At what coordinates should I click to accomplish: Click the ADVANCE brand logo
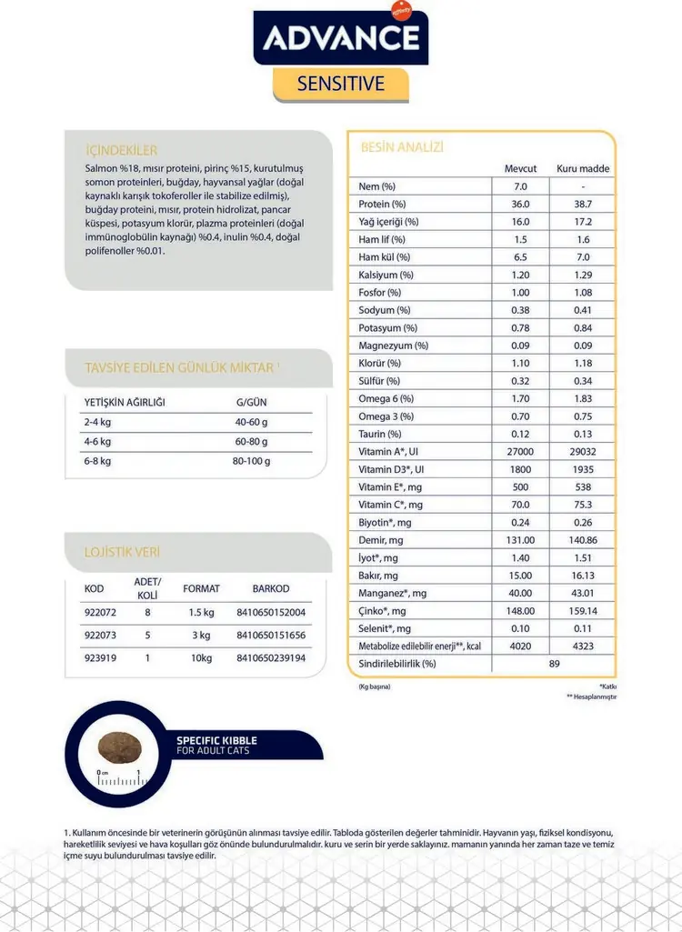click(x=341, y=37)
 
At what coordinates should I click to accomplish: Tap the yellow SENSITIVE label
click(x=341, y=85)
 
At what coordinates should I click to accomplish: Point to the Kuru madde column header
click(x=583, y=169)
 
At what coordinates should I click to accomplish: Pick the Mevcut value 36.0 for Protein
click(x=521, y=205)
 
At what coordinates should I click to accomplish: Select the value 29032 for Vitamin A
click(x=583, y=452)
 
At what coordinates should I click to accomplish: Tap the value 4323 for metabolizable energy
click(x=583, y=646)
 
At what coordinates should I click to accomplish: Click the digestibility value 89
click(x=554, y=664)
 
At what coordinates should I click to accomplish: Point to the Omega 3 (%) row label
click(x=386, y=416)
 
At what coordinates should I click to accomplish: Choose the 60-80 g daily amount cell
click(x=251, y=442)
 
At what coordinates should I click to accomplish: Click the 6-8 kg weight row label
click(x=97, y=461)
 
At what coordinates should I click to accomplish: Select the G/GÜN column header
click(x=251, y=402)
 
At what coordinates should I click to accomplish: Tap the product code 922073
click(x=101, y=635)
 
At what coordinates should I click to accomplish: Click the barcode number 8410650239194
click(x=270, y=657)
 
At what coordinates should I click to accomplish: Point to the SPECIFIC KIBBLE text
click(x=218, y=740)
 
